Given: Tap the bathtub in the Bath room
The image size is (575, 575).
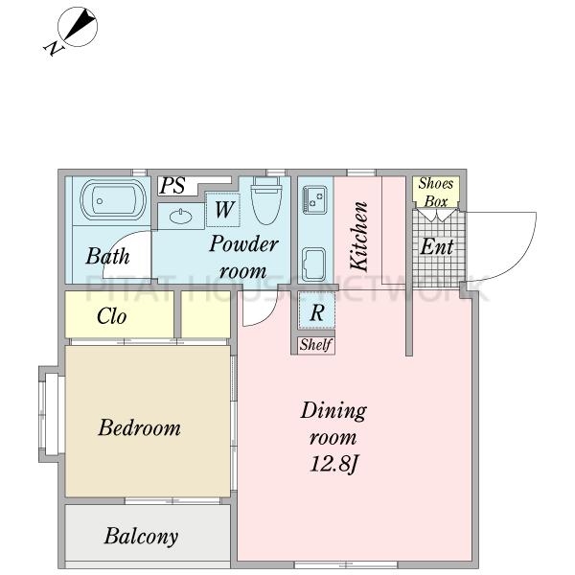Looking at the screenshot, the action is click(113, 200).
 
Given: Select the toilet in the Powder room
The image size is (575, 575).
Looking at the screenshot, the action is click(266, 200).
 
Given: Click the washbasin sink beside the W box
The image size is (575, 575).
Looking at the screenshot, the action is click(181, 217).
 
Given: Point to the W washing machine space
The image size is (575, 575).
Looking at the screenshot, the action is click(223, 209).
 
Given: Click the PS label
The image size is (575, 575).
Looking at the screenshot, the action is click(172, 186).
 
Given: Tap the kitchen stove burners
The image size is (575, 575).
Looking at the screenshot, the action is click(315, 199).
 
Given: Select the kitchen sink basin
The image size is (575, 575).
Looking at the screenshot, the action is click(314, 264).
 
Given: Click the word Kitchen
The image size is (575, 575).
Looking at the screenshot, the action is click(357, 237).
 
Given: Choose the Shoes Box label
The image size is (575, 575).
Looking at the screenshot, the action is click(436, 193).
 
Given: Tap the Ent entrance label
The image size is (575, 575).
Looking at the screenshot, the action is click(437, 246).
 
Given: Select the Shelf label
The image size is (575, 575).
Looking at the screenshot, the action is click(315, 345).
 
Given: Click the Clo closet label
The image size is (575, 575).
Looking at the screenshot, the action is click(112, 316).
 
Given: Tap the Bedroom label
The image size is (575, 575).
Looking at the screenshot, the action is click(139, 427).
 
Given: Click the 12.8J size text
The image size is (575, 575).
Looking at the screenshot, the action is click(333, 464).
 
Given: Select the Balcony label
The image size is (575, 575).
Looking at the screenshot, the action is click(141, 536).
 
